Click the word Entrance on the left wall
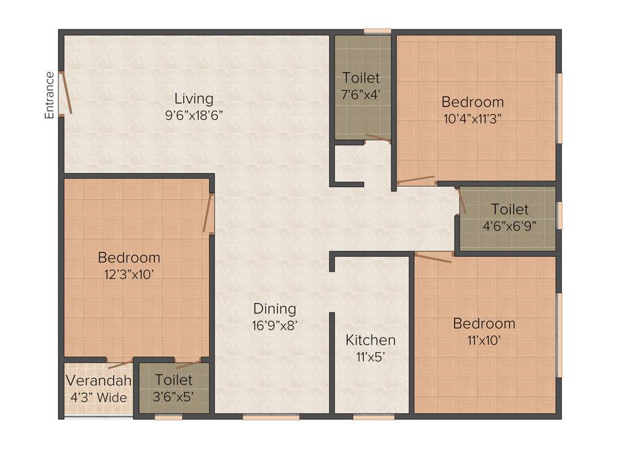[x=50, y=95]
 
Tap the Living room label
[x=194, y=99]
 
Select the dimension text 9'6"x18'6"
[x=194, y=115]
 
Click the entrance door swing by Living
[x=66, y=93]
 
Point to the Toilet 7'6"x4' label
[x=361, y=78]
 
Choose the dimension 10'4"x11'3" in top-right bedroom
[x=472, y=119]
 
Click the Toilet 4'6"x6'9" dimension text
[x=509, y=225]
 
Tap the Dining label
[x=275, y=309]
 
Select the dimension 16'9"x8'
[x=275, y=325]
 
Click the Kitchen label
[x=370, y=340]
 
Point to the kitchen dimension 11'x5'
[x=370, y=356]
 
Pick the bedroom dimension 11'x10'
[x=484, y=340]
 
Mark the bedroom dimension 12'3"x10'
[x=129, y=274]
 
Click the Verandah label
[x=98, y=380]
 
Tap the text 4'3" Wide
[x=98, y=397]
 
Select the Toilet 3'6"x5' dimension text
[x=173, y=397]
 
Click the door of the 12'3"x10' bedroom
[x=208, y=214]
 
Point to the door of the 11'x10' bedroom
[x=433, y=257]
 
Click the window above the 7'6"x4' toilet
[x=377, y=31]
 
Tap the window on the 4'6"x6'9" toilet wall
[x=559, y=215]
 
